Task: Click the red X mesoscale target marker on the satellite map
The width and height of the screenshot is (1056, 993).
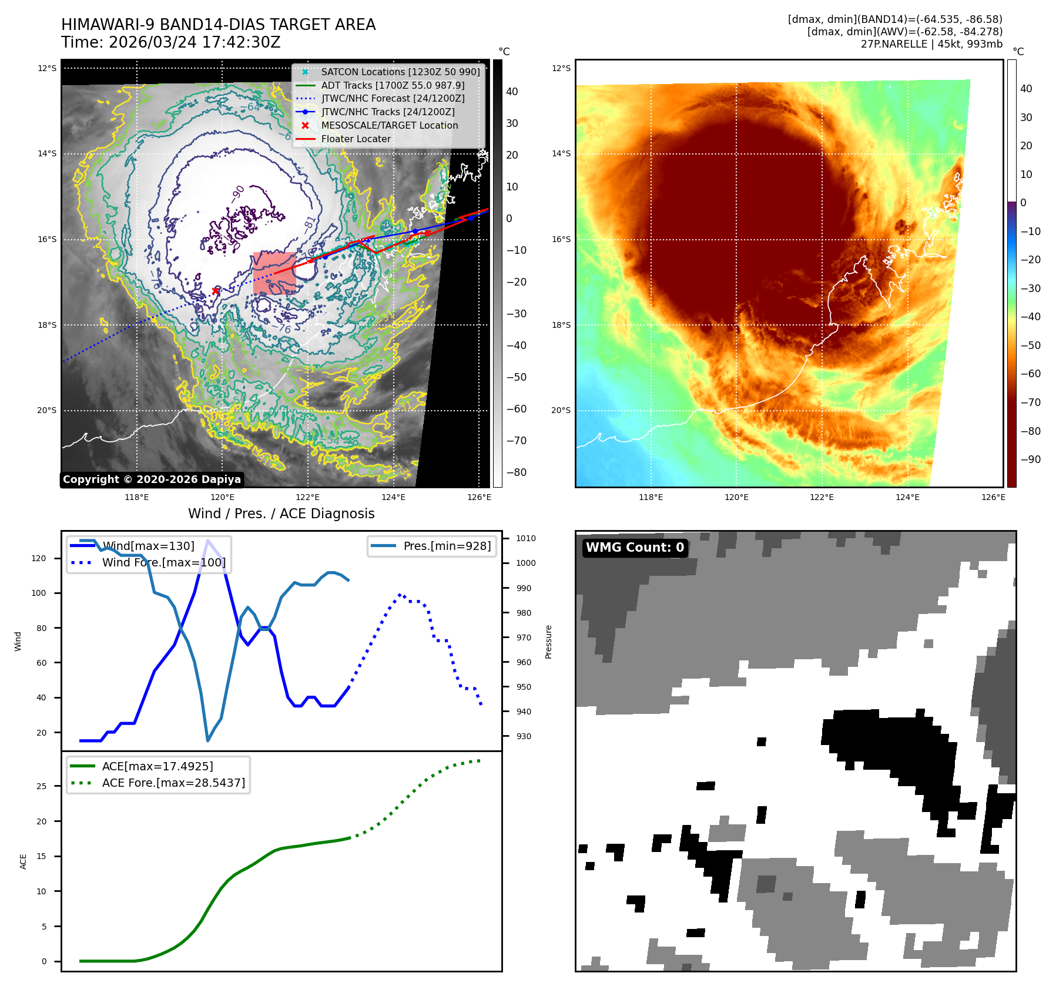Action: [x=215, y=291]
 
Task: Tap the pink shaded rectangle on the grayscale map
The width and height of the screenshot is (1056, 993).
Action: [x=274, y=273]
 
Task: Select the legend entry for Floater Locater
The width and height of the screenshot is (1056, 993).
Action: [x=356, y=139]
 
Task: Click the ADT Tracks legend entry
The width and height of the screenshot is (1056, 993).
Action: [x=392, y=86]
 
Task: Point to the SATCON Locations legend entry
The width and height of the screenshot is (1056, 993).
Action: [x=400, y=72]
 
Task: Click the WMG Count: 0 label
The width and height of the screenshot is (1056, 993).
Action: [x=635, y=548]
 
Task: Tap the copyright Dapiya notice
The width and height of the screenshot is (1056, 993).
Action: [x=152, y=479]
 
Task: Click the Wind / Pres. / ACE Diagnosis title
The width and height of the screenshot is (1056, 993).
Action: [x=281, y=514]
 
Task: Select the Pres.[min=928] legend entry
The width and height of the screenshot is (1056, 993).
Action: [x=447, y=546]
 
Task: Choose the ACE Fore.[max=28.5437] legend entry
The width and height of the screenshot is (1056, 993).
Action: [x=173, y=783]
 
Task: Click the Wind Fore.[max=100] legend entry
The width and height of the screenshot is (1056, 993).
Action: [x=163, y=562]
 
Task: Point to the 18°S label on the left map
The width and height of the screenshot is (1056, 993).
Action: [x=47, y=325]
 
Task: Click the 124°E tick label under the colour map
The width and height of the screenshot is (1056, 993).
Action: [x=907, y=497]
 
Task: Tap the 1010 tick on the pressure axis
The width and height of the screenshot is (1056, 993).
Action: [x=525, y=538]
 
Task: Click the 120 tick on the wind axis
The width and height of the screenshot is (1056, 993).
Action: [x=39, y=558]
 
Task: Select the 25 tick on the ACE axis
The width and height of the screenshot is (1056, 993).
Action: [x=42, y=786]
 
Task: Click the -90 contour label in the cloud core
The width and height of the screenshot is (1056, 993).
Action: [x=237, y=193]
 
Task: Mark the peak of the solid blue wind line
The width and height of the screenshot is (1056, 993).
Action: [x=207, y=540]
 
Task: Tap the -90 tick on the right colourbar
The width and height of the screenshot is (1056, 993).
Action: [x=1030, y=459]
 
